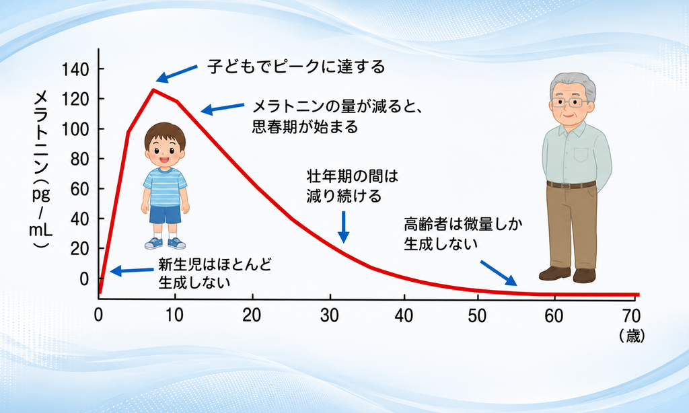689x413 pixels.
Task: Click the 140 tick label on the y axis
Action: [x=75, y=69]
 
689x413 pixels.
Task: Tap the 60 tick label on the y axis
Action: [x=80, y=190]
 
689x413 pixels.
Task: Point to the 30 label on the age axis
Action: [x=329, y=315]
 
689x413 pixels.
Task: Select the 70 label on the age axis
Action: [x=631, y=315]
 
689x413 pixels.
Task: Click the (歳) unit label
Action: [x=632, y=336]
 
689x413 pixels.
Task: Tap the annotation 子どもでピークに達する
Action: [x=297, y=67]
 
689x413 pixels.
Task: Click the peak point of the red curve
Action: [x=153, y=90]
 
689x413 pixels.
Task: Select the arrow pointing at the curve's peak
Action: [x=177, y=74]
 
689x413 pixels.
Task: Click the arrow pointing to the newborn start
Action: [x=131, y=270]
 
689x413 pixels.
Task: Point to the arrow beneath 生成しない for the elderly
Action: [x=499, y=273]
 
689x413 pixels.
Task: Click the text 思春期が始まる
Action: [x=305, y=127]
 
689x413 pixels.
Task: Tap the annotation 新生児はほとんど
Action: [x=215, y=264]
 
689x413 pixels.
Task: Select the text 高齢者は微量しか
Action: [x=463, y=225]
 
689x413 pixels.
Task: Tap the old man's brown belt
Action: [x=571, y=185]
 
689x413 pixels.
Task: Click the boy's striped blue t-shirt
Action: [x=165, y=186]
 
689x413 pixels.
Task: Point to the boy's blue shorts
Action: [x=166, y=214]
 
